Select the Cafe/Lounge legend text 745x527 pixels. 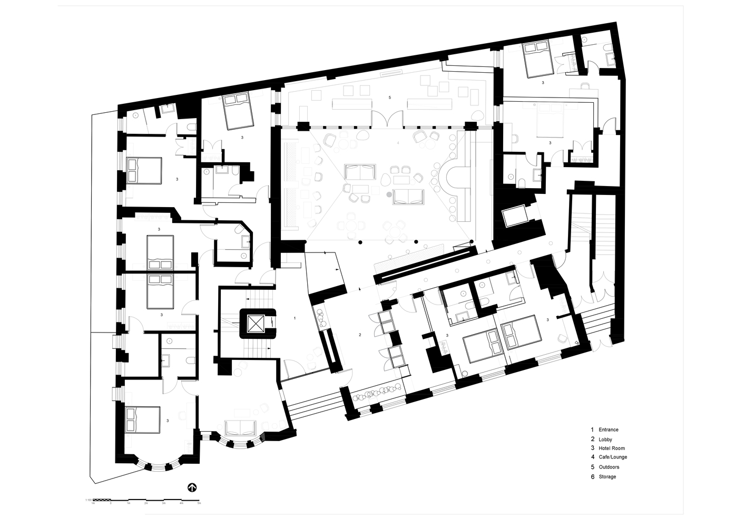point(613,457)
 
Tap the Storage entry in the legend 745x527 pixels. point(607,476)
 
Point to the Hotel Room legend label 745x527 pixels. point(612,448)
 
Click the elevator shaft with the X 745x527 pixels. point(257,323)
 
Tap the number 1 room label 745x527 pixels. point(295,318)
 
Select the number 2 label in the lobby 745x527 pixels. point(360,335)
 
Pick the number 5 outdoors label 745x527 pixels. point(389,97)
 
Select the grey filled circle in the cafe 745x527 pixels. point(389,194)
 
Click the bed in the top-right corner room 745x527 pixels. point(537,59)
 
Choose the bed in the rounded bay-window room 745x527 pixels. point(143,419)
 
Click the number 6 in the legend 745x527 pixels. point(592,476)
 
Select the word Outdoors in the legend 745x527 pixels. point(609,467)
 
